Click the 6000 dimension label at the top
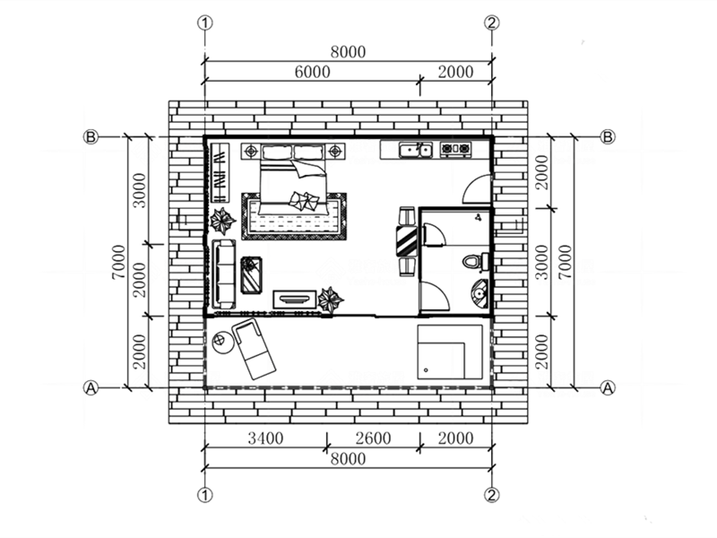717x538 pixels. pos(312,72)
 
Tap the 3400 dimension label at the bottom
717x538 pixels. pos(265,438)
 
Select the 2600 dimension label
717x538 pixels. pos(373,438)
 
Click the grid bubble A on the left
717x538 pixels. pos(91,388)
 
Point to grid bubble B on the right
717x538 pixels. pos(608,137)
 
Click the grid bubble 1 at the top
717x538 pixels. pos(205,22)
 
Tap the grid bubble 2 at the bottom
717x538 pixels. pos(492,495)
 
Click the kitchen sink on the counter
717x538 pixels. pos(415,150)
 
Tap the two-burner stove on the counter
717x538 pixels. pos(455,149)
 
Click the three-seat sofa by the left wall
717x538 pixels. pos(223,274)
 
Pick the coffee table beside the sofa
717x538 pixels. pos(251,275)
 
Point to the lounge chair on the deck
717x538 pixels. pos(254,349)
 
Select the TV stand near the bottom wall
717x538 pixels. pos(295,299)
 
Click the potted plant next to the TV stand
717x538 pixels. pos(330,300)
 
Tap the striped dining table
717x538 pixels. pos(407,240)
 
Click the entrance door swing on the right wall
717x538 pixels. pos(478,189)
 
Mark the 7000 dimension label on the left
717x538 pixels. pos(119,262)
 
